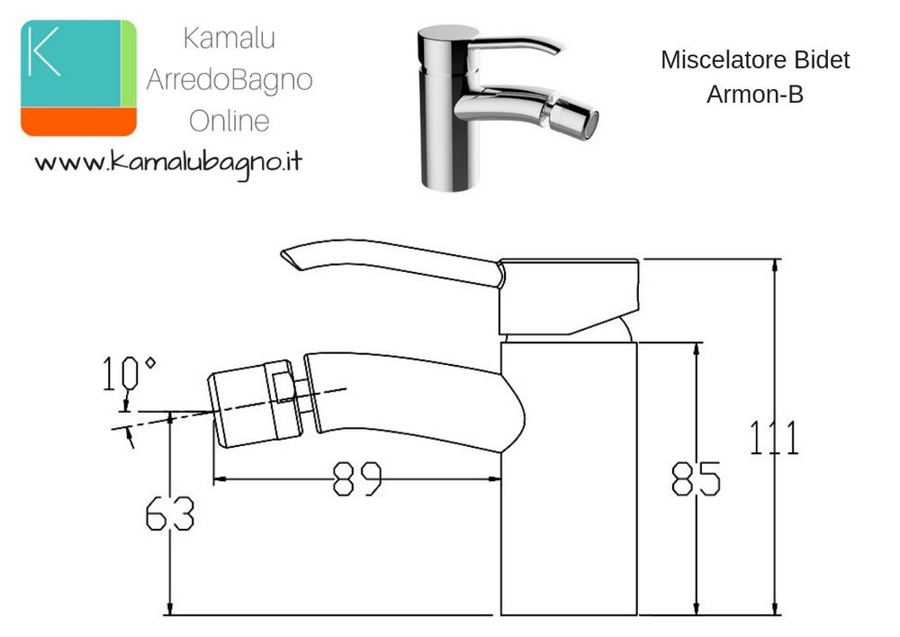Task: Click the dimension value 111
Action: tap(774, 437)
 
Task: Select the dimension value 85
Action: tap(696, 478)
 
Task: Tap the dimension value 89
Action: tap(357, 478)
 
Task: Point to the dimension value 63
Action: tap(170, 513)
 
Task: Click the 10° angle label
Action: tap(129, 374)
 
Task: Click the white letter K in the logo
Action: tap(44, 51)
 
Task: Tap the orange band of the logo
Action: tap(78, 122)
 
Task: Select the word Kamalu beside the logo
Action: tap(229, 39)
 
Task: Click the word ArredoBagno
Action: tap(229, 80)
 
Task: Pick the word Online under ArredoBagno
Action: tap(229, 121)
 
